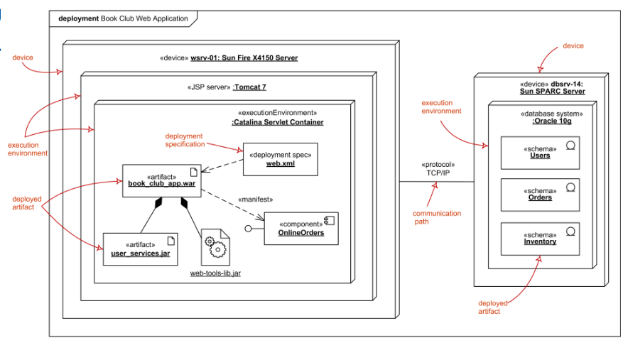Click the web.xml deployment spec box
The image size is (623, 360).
(280, 160)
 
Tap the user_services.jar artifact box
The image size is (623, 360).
(140, 249)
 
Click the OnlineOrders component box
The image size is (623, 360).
(301, 228)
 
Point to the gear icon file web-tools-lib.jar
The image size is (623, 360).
(215, 248)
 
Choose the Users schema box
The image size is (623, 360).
(540, 153)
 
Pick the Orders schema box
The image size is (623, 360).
(540, 195)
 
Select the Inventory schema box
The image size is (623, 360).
(540, 239)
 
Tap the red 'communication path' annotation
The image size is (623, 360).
(437, 217)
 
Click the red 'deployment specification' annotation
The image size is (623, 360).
(184, 140)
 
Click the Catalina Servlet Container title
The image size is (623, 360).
(277, 122)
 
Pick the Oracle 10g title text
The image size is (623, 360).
(551, 121)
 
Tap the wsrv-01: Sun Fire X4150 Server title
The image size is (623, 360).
(244, 58)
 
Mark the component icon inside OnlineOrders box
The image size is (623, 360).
(329, 221)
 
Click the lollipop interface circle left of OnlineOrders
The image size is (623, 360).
(249, 229)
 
